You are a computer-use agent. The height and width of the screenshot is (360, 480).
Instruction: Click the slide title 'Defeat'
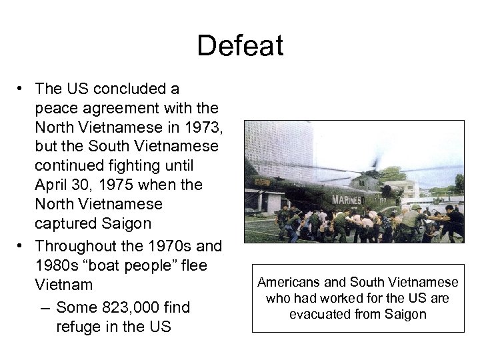point(240,46)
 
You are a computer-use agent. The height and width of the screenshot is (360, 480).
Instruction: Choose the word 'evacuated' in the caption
point(317,314)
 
